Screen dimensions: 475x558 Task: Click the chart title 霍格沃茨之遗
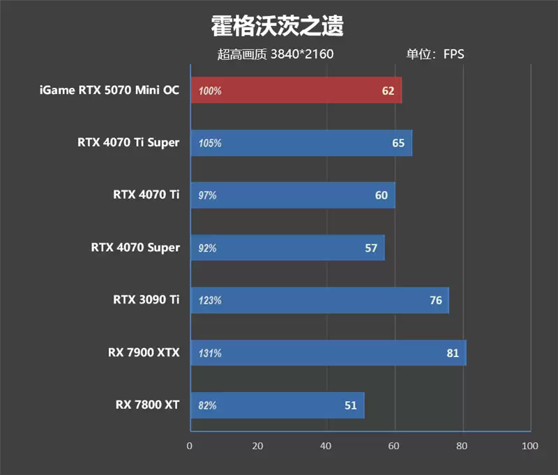[278, 27]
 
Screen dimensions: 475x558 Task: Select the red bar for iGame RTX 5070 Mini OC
[295, 91]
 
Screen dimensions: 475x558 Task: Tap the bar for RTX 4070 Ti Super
[301, 143]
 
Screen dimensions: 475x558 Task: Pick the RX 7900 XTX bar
[328, 353]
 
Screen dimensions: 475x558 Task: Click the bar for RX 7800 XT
[277, 405]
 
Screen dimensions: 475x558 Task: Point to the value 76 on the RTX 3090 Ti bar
[435, 301]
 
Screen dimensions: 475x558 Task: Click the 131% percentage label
[210, 353]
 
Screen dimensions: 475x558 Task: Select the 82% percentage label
[207, 405]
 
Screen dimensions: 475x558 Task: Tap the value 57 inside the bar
[370, 248]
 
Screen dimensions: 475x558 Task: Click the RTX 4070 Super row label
[135, 248]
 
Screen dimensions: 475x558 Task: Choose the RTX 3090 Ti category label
[146, 300]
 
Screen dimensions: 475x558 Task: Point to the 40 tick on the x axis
[326, 446]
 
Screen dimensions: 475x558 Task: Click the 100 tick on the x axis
[530, 446]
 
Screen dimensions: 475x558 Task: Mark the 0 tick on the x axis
[190, 446]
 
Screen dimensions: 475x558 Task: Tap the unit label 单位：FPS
[435, 54]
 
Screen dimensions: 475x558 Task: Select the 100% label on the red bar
[210, 91]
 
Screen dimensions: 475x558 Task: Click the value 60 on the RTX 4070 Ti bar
[381, 195]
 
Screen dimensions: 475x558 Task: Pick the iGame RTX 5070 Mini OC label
[110, 90]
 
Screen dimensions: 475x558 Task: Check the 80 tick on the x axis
[462, 446]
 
